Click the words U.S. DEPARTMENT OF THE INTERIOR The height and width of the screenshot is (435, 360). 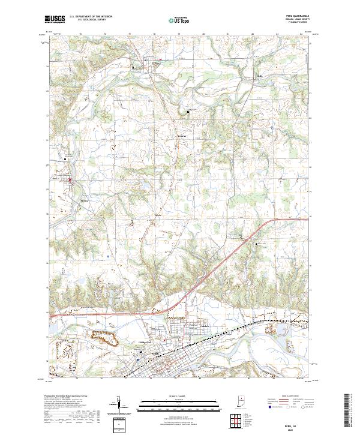coord(90,17)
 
